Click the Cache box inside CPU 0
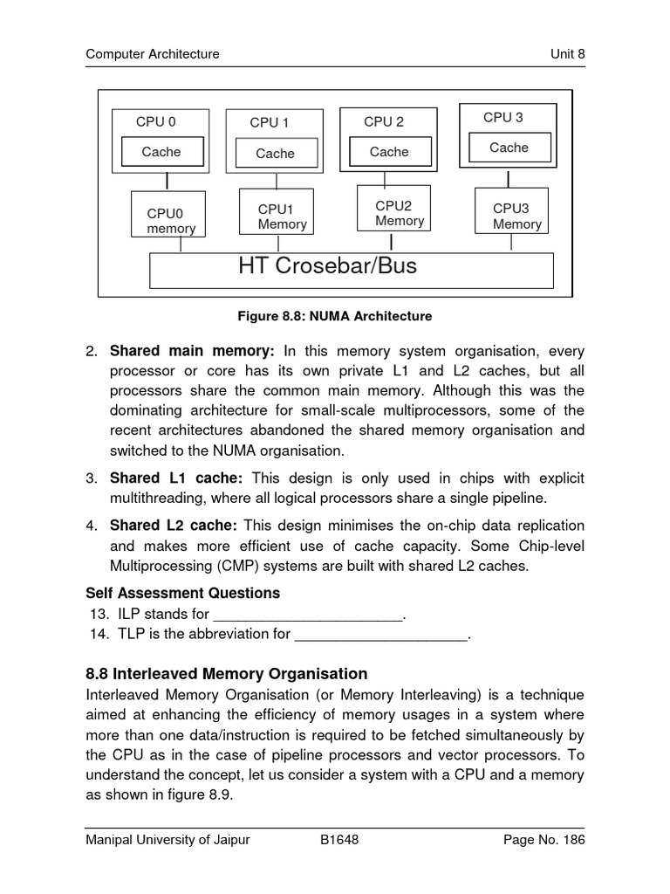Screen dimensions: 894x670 pos(161,152)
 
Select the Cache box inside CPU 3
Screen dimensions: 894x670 pos(509,148)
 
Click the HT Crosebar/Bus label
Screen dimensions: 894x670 pos(327,266)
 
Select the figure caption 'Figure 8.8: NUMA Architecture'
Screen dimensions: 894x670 pos(335,316)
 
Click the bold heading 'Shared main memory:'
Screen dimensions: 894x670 pos(192,351)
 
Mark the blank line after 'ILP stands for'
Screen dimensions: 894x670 pos(308,615)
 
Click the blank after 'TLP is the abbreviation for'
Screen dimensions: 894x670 pos(382,636)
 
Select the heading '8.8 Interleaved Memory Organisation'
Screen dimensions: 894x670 pos(227,674)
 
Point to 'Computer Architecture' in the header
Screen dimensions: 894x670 pos(153,54)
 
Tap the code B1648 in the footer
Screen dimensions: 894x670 pos(340,840)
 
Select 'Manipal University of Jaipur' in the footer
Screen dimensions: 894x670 pos(167,840)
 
